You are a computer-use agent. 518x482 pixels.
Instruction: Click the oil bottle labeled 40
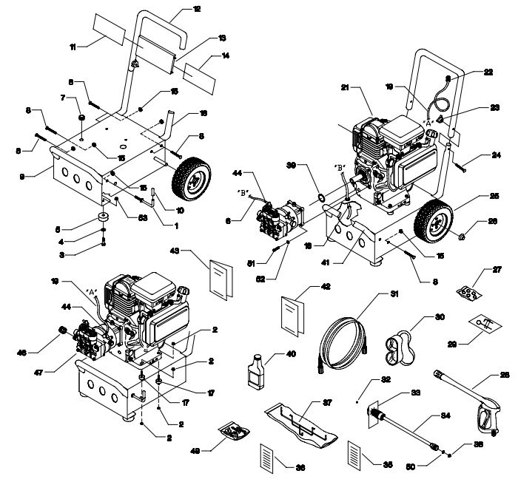point(256,368)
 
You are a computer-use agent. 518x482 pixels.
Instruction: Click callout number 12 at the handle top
point(196,9)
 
